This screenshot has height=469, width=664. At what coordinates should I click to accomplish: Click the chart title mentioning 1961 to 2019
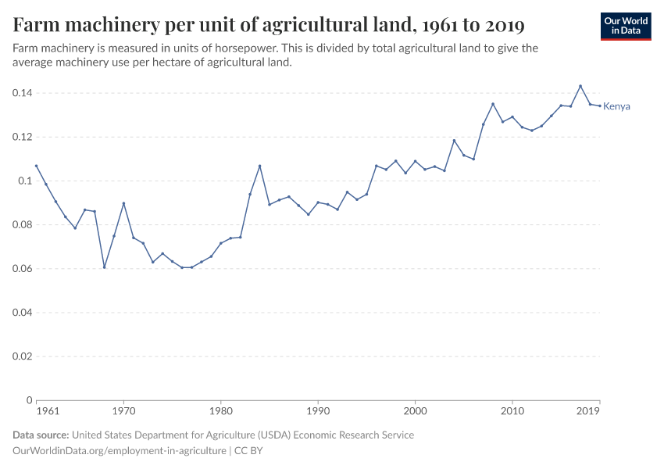coord(269,25)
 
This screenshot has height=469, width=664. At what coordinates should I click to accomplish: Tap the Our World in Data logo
coord(626,26)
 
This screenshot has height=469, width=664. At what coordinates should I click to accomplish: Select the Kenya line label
coord(616,106)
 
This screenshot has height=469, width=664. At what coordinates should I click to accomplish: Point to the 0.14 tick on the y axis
coord(21,93)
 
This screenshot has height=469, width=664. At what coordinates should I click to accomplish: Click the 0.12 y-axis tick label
coord(21,137)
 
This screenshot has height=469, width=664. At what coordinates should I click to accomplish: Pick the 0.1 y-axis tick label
coord(24,181)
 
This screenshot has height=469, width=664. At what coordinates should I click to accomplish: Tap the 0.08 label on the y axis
coord(21,224)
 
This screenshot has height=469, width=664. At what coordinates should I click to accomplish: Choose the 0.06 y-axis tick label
coord(21,268)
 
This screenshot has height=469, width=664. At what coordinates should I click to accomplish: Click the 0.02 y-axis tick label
coord(21,356)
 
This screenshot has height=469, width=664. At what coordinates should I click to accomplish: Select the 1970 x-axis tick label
coord(123,410)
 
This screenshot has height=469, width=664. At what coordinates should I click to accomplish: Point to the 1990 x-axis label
coord(318,410)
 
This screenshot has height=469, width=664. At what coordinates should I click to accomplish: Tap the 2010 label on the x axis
coord(512,410)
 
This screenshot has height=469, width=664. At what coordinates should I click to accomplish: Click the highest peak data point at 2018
coord(580,86)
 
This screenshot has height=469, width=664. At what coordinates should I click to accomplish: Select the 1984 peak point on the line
coord(259,166)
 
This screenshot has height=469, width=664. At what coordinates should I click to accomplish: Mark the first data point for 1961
coord(36,166)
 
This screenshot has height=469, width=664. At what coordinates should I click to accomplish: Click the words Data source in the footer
coord(41,435)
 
